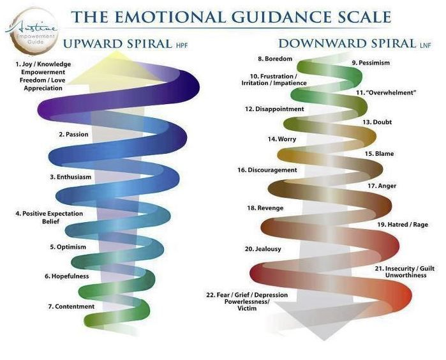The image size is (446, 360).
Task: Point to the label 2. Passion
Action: click(x=73, y=135)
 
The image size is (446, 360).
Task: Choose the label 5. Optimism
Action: click(x=68, y=247)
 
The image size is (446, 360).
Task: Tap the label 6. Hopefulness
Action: click(x=66, y=276)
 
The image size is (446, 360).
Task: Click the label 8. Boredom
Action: click(x=275, y=59)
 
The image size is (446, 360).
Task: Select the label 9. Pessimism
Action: click(x=371, y=63)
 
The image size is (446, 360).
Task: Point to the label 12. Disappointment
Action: click(x=274, y=109)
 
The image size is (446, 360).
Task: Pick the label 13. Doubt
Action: click(x=377, y=121)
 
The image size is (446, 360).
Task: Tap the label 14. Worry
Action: click(x=281, y=139)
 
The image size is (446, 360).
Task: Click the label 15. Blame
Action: click(x=378, y=153)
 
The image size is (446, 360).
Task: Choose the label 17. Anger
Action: click(x=382, y=186)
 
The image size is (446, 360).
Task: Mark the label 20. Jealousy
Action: click(x=263, y=248)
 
